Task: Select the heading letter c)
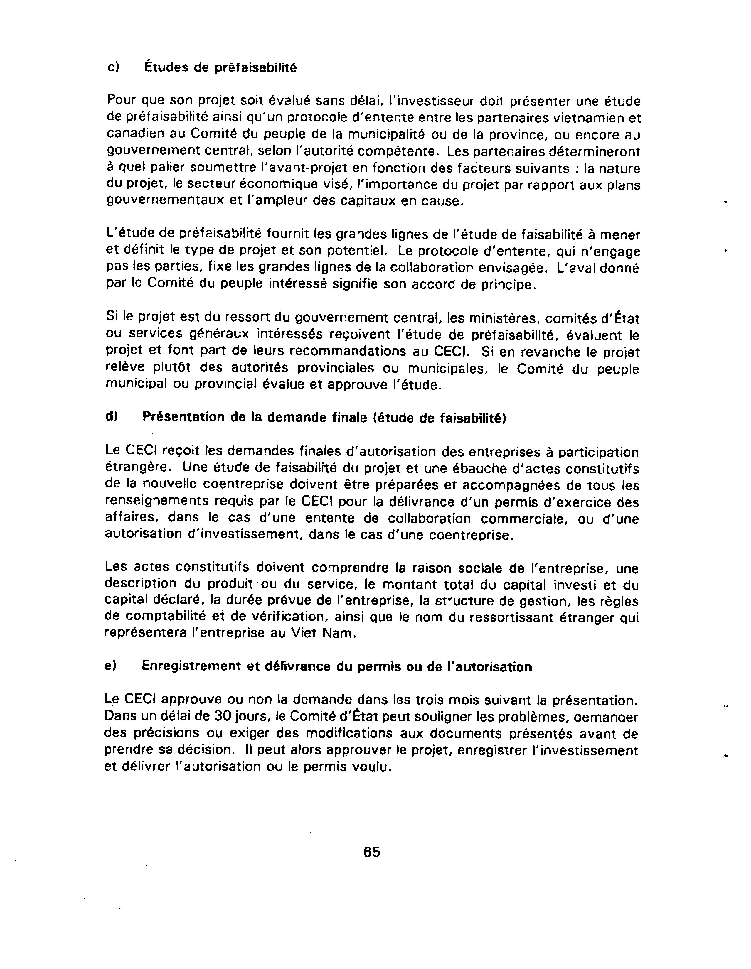[114, 67]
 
